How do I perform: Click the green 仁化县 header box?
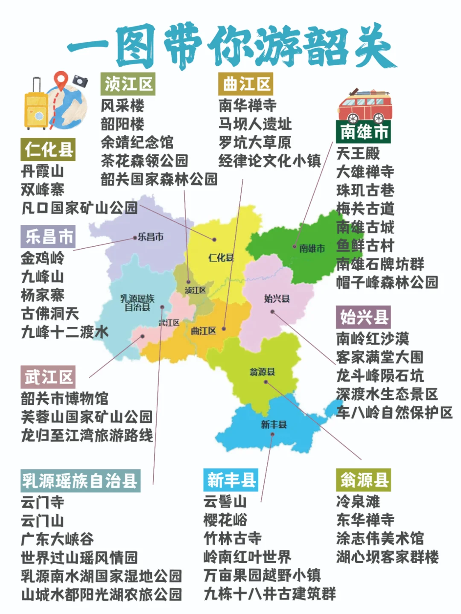tap(48, 149)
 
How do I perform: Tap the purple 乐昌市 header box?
tap(48, 237)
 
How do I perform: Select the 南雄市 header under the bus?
tap(363, 132)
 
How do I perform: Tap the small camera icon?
tap(80, 81)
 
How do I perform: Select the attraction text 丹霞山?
tap(42, 172)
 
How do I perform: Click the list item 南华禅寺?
tap(248, 105)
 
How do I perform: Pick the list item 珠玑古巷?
tap(365, 190)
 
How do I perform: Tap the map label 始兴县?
tap(277, 299)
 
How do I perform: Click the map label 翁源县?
tap(262, 372)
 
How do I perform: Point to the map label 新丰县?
tap(274, 424)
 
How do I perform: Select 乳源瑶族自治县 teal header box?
tap(80, 481)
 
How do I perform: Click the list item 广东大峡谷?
tap(57, 539)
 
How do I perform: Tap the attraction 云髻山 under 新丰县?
tap(225, 501)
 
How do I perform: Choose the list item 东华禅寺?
tap(365, 520)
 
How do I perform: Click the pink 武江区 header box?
tap(48, 377)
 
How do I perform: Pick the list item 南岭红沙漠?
tap(372, 339)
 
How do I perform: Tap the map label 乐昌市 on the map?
tap(150, 237)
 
